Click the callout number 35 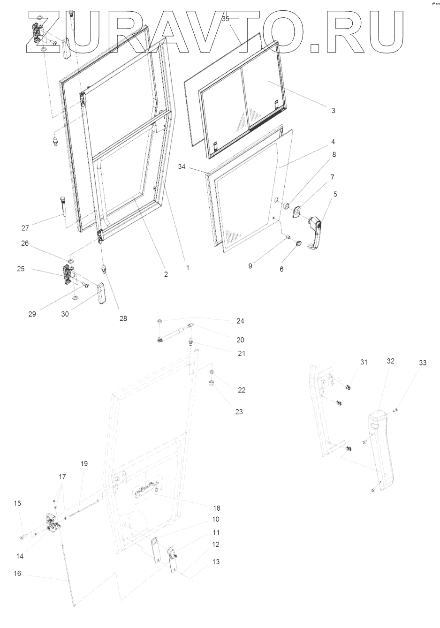coord(226,19)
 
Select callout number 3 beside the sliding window coord(333,111)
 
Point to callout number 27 coord(25,228)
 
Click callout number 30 coord(65,314)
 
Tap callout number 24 coord(240,321)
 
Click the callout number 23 coord(239,412)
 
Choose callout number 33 coord(424,363)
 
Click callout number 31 coord(364,362)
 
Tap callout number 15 coord(17,503)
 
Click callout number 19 coord(84,464)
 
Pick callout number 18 coord(216,508)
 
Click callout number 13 coord(215,562)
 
